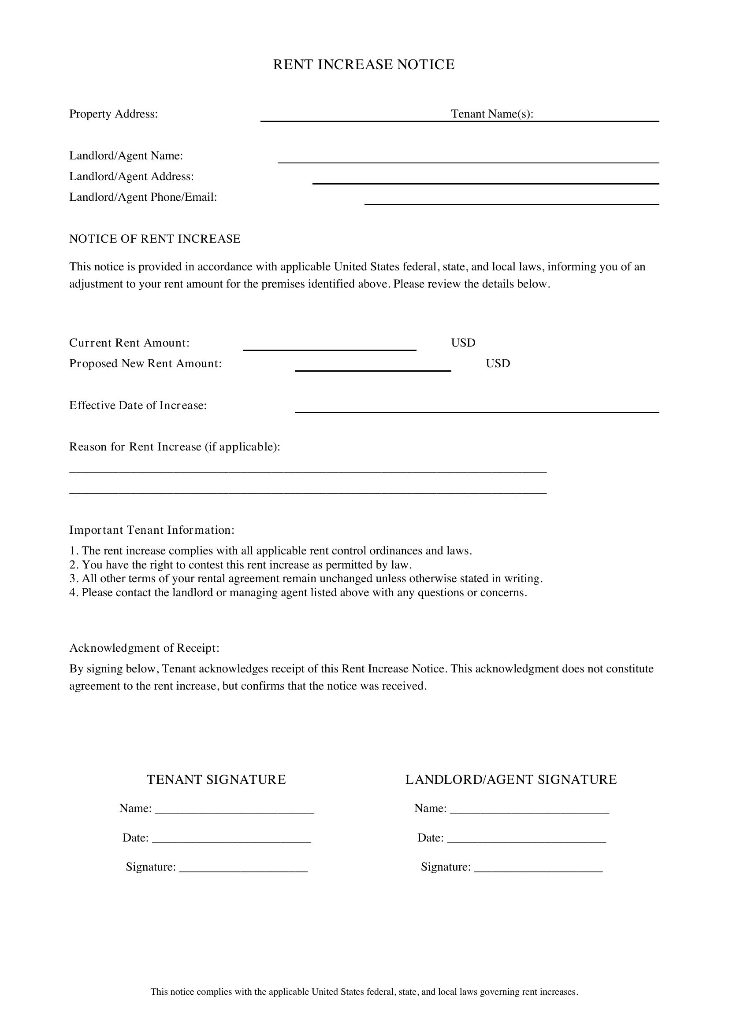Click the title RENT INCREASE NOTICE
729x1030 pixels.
point(364,65)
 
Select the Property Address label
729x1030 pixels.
point(113,114)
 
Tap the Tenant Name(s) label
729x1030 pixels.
point(492,114)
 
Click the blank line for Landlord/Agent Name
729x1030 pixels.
point(468,162)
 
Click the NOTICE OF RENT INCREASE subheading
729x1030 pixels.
point(154,239)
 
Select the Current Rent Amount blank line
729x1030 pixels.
point(329,349)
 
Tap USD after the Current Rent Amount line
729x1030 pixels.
point(463,343)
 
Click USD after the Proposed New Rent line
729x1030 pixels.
point(498,363)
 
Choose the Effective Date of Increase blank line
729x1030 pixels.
point(476,411)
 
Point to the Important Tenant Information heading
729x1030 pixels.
point(152,530)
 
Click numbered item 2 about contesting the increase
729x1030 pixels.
point(241,565)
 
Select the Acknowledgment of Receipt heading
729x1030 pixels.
point(144,648)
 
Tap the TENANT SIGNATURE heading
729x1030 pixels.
point(216,780)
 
